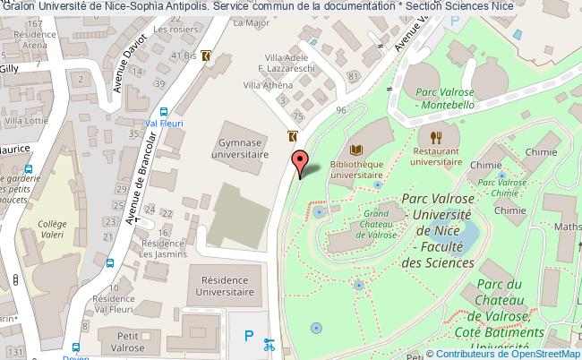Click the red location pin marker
[x=301, y=161]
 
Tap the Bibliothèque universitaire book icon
[x=356, y=150]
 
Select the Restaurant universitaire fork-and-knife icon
[x=436, y=138]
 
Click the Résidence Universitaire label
[x=227, y=286]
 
